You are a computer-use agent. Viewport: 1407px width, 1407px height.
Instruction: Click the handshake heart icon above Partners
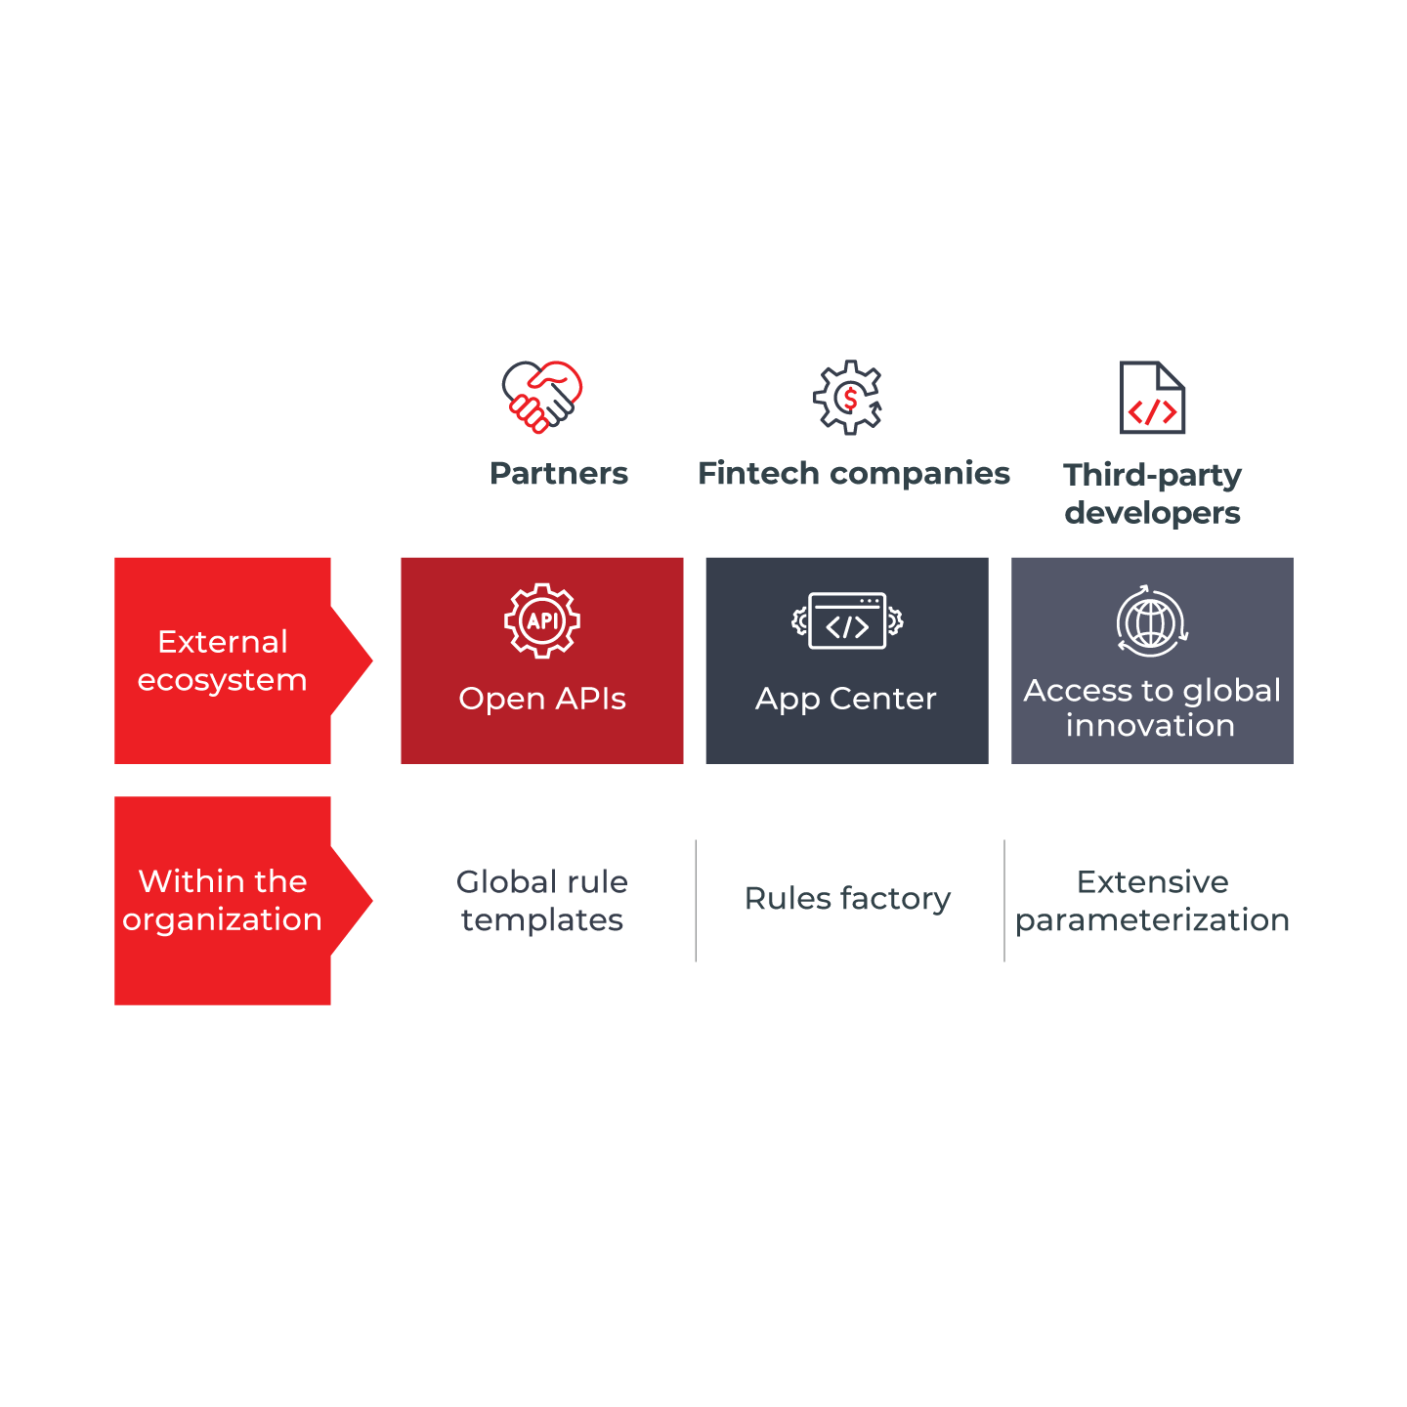542,397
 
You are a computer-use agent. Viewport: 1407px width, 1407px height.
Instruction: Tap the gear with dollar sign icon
848,397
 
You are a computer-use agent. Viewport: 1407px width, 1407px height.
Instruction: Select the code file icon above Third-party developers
1153,398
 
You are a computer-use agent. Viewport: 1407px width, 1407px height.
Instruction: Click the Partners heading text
559,474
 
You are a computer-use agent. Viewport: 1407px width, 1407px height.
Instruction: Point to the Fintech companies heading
854,474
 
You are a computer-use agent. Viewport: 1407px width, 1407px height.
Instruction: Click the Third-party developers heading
1153,493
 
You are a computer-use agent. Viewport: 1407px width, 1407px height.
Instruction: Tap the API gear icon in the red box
542,620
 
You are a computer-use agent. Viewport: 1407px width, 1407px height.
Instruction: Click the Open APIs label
542,699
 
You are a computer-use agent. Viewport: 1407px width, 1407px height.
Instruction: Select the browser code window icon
847,621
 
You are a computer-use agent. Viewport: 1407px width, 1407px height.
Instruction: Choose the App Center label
846,699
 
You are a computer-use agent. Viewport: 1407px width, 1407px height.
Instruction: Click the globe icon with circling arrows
1152,621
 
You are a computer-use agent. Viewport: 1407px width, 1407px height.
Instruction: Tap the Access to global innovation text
1152,707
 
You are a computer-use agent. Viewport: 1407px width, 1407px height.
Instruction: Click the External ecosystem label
223,661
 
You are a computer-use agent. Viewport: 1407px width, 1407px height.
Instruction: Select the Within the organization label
223,900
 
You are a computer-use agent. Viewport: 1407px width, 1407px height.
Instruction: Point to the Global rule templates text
542,900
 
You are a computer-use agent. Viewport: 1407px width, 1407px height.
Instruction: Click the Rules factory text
848,899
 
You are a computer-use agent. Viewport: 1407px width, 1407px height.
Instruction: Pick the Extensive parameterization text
1153,900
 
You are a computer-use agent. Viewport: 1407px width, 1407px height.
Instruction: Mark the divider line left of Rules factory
696,900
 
